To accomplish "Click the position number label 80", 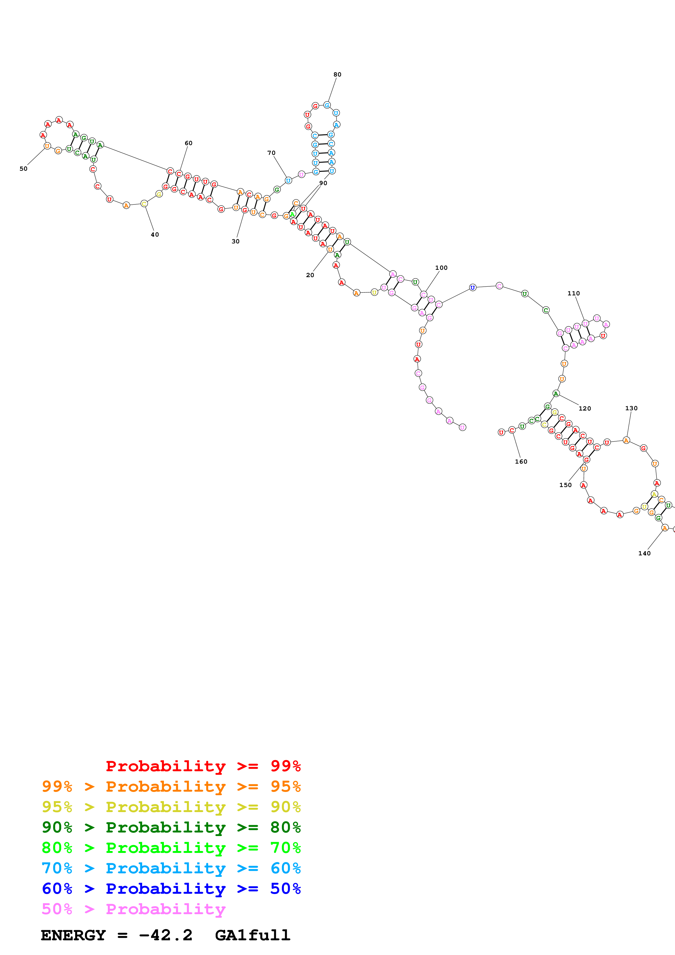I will click(337, 74).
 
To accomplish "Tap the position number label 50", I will click(23, 169).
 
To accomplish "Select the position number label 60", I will click(188, 143).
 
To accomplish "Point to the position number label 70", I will click(271, 153).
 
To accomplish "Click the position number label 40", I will click(155, 235).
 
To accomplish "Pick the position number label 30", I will click(236, 241).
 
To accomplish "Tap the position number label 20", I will click(310, 275).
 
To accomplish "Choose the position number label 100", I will click(441, 268).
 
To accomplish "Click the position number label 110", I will click(573, 293).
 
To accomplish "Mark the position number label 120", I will click(585, 408).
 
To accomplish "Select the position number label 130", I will click(631, 408).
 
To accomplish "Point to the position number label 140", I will click(644, 553).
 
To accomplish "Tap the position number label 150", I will click(565, 485).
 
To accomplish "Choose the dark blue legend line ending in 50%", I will click(171, 889).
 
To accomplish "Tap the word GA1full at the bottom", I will click(252, 935).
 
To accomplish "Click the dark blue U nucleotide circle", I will click(472, 287).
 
